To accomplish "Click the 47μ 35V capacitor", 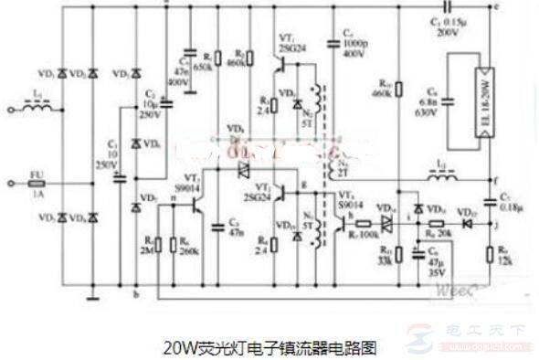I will coord(417,253).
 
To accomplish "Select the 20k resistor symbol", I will coord(437,223).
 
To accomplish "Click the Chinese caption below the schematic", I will coord(269,348).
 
